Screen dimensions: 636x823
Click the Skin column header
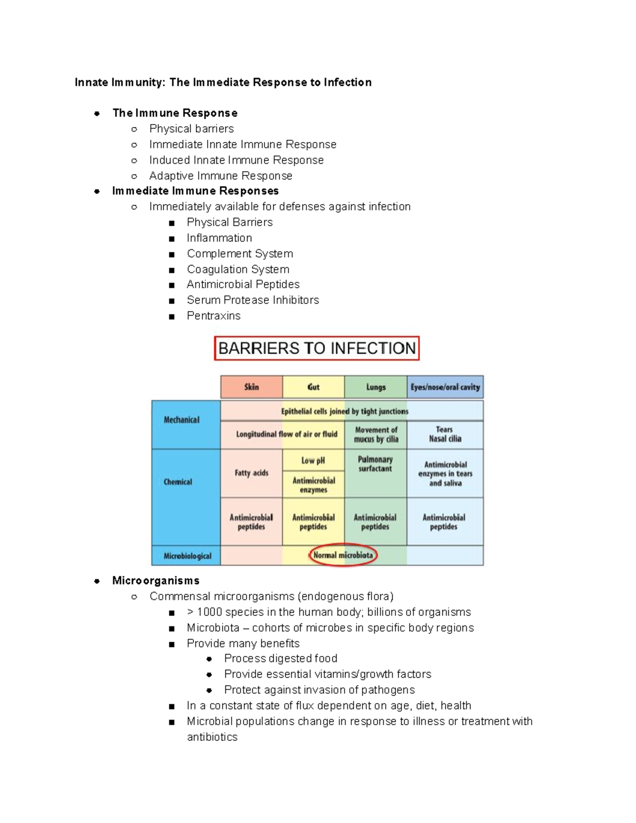tap(251, 387)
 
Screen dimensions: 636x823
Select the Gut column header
tap(313, 387)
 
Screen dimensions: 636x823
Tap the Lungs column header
tap(376, 387)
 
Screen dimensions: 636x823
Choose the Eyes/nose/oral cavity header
tap(445, 387)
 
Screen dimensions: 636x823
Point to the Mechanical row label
tap(182, 420)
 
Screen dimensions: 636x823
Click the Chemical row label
tap(178, 482)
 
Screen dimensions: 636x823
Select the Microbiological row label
tap(187, 556)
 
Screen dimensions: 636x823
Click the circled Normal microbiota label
tap(343, 555)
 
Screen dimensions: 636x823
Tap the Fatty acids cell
tap(251, 473)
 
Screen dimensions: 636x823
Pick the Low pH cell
tap(313, 461)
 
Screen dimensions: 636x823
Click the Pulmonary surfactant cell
tap(375, 464)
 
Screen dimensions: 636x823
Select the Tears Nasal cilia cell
tap(445, 434)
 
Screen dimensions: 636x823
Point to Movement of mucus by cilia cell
tap(376, 435)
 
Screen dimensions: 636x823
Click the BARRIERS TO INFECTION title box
tap(317, 348)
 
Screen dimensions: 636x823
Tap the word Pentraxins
tap(214, 316)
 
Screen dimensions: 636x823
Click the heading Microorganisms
tap(156, 581)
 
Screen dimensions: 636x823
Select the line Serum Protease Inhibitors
tap(253, 300)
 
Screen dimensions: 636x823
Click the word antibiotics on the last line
tap(212, 737)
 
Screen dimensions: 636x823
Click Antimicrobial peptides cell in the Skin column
tap(251, 522)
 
